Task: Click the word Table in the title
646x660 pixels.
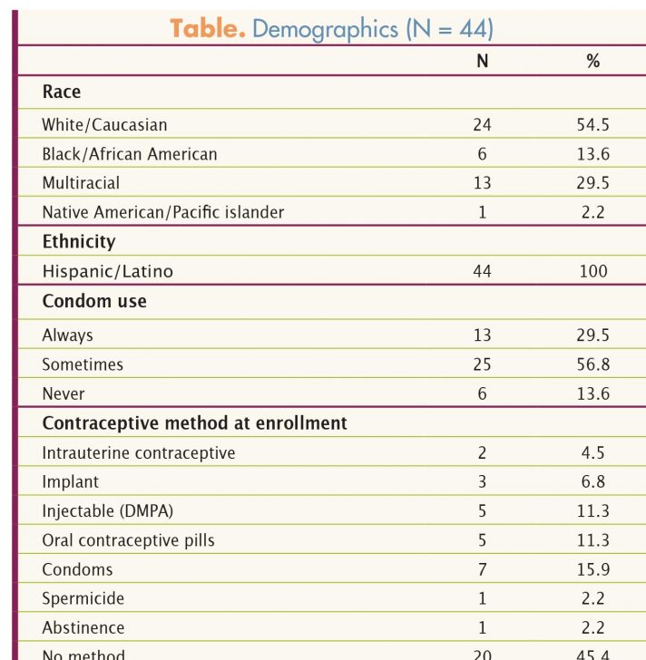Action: tap(207, 28)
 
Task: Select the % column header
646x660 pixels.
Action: tap(592, 62)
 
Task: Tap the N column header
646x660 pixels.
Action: tap(483, 62)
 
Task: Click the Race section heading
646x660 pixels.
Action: tap(62, 92)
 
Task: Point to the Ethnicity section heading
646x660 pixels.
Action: tap(79, 242)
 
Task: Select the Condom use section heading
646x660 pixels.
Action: tap(94, 301)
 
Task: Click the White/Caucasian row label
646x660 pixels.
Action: tap(104, 125)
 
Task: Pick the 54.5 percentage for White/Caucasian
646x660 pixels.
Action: tap(592, 125)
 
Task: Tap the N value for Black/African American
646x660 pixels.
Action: tap(483, 154)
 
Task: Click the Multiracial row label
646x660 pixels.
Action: tap(81, 183)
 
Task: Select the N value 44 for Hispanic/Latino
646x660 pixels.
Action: tap(483, 271)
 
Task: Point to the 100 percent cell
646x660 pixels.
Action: tap(592, 271)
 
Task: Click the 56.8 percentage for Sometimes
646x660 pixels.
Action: tap(592, 364)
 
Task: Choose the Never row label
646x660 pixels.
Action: tap(64, 393)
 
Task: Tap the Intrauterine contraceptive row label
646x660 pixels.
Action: tap(139, 452)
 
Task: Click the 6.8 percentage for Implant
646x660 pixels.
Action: tap(592, 481)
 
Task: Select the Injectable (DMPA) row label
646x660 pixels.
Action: tap(107, 510)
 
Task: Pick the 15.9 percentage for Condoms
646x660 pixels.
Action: tap(592, 569)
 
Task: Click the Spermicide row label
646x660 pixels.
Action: tap(83, 598)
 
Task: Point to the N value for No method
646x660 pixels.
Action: tap(483, 654)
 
